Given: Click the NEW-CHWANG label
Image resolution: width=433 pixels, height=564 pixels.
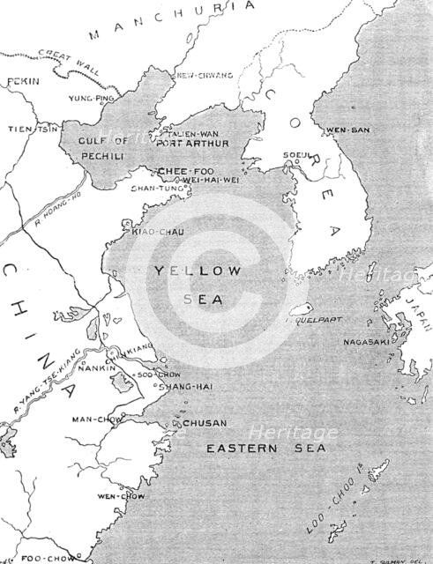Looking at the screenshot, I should (x=205, y=76).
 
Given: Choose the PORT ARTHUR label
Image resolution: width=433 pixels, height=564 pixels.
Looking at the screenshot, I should (x=192, y=142).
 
